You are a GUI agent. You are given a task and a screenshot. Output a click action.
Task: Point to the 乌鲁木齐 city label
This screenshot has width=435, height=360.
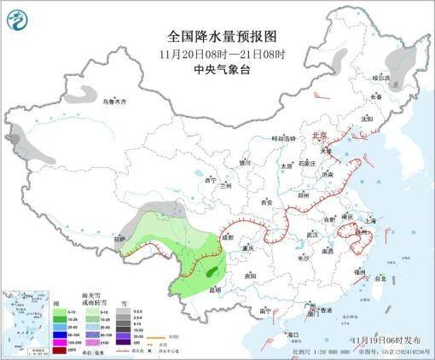tap(113, 102)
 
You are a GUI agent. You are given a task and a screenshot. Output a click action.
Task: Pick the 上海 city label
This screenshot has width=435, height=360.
tap(369, 220)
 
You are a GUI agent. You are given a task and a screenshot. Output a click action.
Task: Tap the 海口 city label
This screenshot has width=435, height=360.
tap(292, 334)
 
